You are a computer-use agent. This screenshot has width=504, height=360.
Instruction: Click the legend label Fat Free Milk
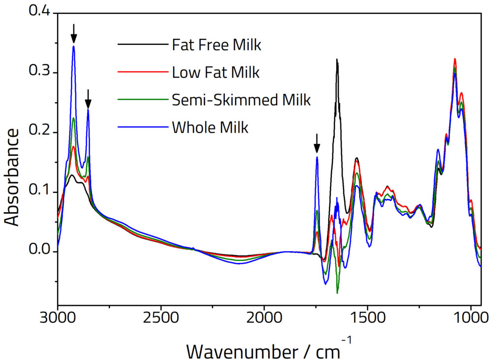click(216, 46)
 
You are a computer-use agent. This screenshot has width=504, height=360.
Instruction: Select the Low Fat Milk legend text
click(216, 73)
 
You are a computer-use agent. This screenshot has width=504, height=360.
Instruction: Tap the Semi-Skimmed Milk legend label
click(241, 100)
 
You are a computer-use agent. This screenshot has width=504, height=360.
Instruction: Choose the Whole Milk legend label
click(210, 128)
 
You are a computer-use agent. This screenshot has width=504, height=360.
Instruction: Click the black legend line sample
click(142, 45)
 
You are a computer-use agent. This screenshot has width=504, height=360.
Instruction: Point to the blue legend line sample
click(142, 127)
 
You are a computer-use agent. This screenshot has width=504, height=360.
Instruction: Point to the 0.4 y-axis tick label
click(40, 12)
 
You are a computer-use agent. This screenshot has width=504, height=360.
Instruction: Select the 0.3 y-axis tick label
click(40, 72)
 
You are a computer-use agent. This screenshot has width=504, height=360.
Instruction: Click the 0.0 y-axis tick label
click(40, 252)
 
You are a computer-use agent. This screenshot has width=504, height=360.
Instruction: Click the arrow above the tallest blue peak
click(74, 33)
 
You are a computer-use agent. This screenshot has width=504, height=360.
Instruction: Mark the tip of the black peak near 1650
click(337, 60)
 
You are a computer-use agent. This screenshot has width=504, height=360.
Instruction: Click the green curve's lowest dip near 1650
click(337, 293)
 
